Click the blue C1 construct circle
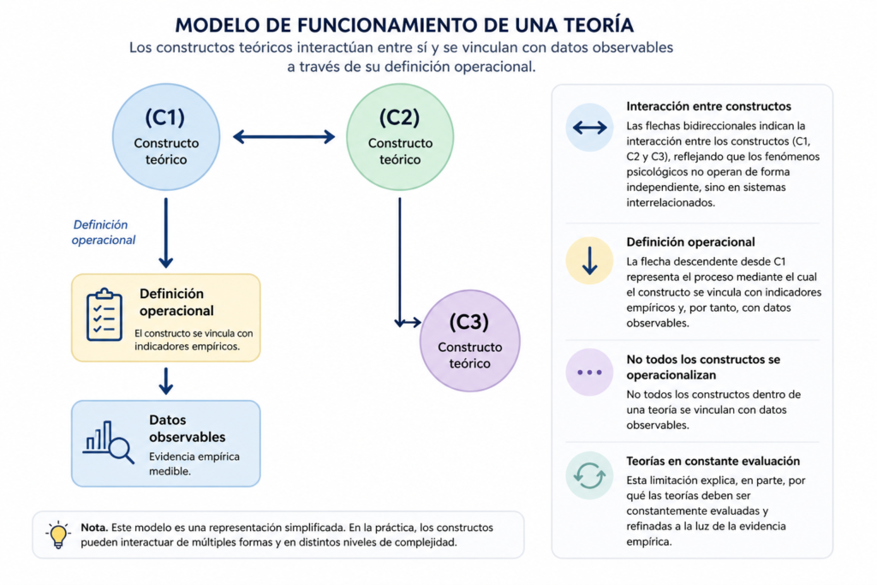click(166, 137)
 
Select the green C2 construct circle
click(400, 137)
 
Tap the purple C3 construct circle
click(470, 341)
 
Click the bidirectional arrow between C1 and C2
click(283, 136)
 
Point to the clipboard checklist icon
click(104, 314)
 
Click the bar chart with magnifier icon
click(109, 442)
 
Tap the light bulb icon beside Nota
click(57, 534)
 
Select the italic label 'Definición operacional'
click(104, 232)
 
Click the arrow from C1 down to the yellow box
click(165, 233)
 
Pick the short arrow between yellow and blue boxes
click(165, 381)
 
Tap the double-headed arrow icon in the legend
click(589, 128)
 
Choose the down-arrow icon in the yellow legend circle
click(589, 260)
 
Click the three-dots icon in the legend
click(589, 372)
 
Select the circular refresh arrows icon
click(589, 475)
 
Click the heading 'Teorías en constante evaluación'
click(713, 461)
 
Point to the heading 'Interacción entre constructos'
click(708, 106)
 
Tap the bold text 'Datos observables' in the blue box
click(187, 428)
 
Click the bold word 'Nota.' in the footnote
click(94, 528)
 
